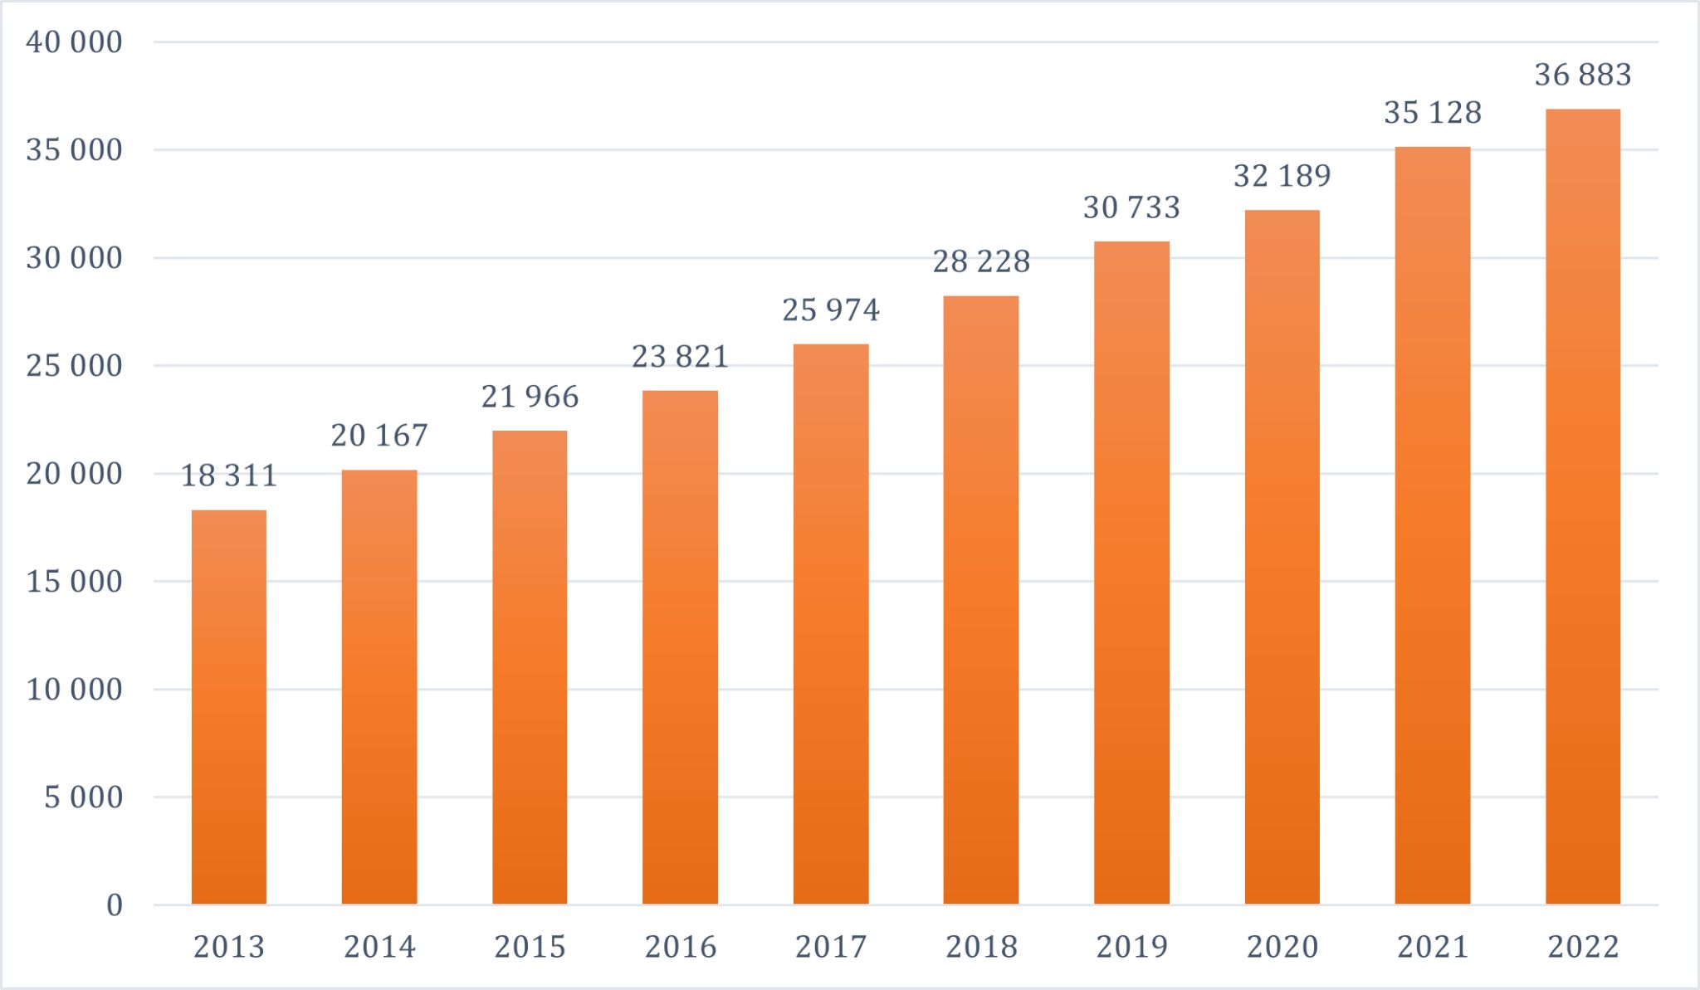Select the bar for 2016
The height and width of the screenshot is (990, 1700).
click(x=680, y=647)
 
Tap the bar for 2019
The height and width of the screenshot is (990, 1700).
click(x=1131, y=573)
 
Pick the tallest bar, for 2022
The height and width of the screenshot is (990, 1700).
click(x=1583, y=506)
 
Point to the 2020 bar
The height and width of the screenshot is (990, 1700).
click(x=1282, y=557)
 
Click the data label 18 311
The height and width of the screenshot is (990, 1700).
click(x=229, y=475)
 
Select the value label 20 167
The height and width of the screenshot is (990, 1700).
click(x=379, y=436)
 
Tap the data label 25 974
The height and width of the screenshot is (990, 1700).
click(x=831, y=310)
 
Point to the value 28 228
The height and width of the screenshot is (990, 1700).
click(x=981, y=262)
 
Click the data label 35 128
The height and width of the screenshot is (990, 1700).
click(x=1433, y=113)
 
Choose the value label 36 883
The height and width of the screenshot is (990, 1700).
click(x=1583, y=76)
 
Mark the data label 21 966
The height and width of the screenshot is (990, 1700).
click(x=530, y=397)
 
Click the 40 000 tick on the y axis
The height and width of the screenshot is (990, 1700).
click(x=74, y=42)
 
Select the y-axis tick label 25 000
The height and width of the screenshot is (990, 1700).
click(x=74, y=366)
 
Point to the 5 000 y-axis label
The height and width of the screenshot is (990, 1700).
click(x=83, y=797)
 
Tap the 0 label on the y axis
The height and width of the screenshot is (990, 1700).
click(x=115, y=905)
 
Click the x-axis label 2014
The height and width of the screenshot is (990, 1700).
click(x=379, y=947)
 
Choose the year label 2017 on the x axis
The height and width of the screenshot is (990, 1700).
click(x=831, y=947)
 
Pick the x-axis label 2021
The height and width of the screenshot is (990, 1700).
click(x=1433, y=947)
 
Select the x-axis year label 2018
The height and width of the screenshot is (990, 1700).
click(x=981, y=947)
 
